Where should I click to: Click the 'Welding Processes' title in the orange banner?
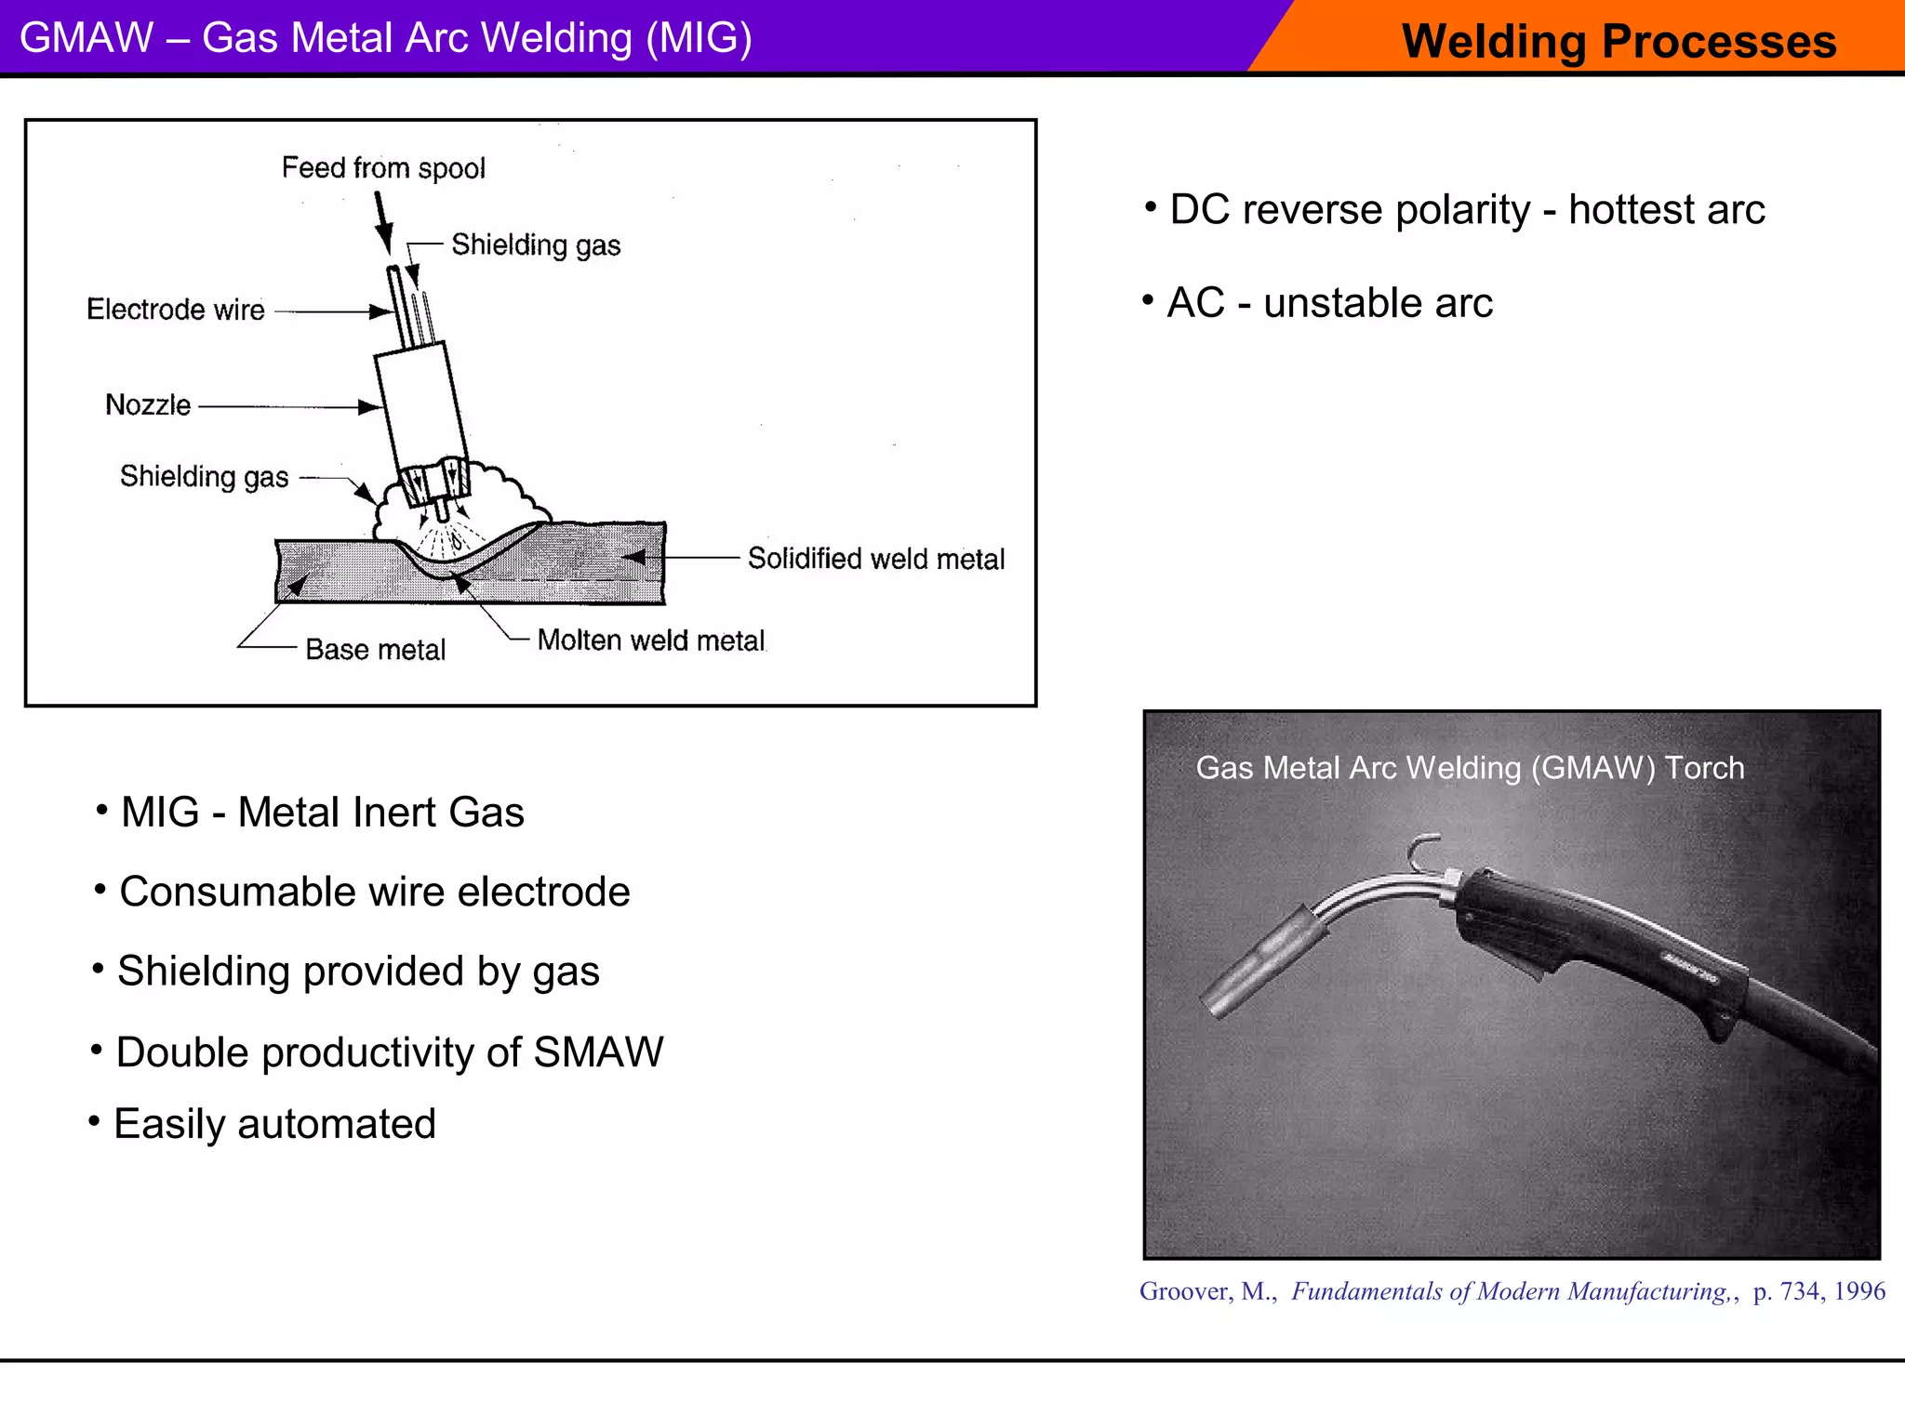click(1619, 42)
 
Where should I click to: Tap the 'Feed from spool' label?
click(383, 168)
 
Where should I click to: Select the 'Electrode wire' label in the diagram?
click(176, 310)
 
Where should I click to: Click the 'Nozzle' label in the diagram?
click(148, 405)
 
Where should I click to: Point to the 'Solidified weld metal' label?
click(876, 559)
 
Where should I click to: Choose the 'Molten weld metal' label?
click(651, 641)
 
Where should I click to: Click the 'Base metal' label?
click(375, 650)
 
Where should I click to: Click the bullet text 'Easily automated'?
click(274, 1124)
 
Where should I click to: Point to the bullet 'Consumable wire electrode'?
click(374, 892)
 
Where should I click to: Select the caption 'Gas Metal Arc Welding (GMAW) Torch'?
click(1470, 768)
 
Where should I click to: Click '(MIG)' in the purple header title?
click(699, 38)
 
